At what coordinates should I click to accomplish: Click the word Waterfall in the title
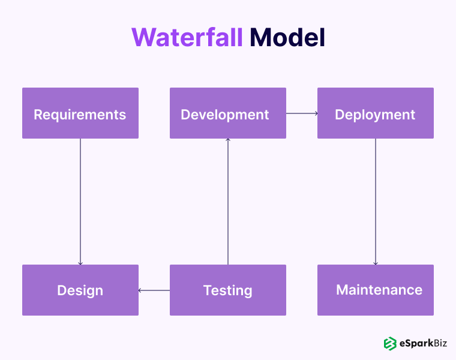[x=187, y=38]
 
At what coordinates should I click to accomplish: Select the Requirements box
[x=80, y=113]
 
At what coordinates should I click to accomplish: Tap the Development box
[x=228, y=113]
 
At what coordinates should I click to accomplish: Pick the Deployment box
[x=376, y=113]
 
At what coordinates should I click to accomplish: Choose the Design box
[x=80, y=290]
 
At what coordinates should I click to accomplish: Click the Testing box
[x=228, y=290]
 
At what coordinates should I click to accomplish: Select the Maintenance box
[x=376, y=290]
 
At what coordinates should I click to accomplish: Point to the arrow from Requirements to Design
[x=80, y=201]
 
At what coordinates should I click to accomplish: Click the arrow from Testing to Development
[x=228, y=201]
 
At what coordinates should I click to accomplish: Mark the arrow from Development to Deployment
[x=301, y=113]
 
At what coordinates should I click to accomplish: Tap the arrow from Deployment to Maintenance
[x=376, y=201]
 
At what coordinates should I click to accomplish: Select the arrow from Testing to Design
[x=154, y=290]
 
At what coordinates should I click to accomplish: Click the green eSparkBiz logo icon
[x=391, y=343]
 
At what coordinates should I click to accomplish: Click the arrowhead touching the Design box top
[x=80, y=263]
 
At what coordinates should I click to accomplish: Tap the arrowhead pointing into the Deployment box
[x=316, y=113]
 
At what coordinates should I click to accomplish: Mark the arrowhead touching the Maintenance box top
[x=376, y=263]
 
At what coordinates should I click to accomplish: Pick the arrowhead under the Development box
[x=228, y=140]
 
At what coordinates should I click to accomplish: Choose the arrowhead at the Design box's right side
[x=140, y=290]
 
